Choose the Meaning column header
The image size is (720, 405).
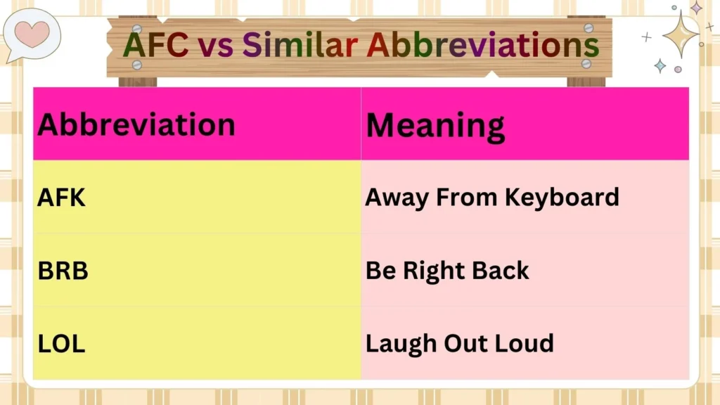click(435, 126)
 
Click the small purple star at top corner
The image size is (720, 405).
click(696, 8)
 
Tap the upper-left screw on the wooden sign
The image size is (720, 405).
click(137, 28)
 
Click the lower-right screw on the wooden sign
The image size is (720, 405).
click(586, 63)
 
